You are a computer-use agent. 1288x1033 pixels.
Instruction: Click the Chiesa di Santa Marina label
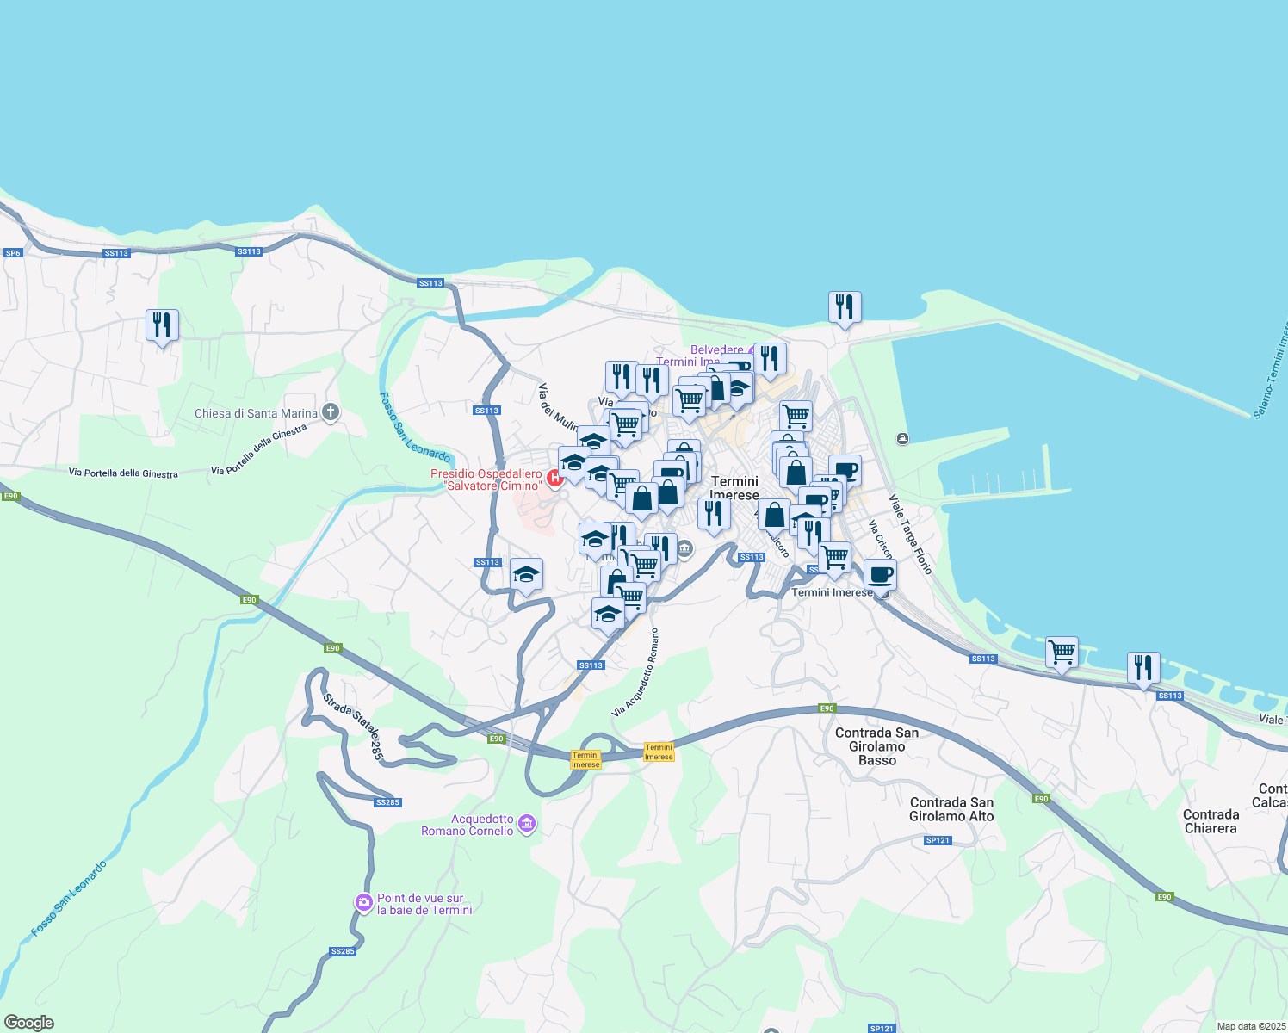tap(257, 413)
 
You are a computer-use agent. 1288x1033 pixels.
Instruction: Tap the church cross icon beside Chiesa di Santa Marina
tap(331, 412)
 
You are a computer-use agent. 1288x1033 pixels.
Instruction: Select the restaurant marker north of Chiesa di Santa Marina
tap(162, 326)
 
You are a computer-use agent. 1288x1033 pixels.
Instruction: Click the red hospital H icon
tap(555, 475)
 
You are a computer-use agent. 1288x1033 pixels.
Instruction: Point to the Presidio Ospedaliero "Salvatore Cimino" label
tap(486, 479)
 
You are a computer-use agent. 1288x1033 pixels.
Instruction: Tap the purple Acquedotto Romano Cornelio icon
tap(528, 825)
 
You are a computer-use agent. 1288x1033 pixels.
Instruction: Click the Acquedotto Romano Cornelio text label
tap(468, 825)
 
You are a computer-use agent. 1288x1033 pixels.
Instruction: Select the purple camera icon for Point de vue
tap(364, 903)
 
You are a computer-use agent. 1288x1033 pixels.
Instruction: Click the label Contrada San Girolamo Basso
tap(876, 746)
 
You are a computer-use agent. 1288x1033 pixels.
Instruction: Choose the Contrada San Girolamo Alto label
tap(951, 809)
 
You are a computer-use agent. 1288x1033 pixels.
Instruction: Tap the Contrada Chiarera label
tap(1211, 821)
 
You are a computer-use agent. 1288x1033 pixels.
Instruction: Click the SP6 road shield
tap(13, 253)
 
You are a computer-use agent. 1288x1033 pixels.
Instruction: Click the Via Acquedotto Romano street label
tap(635, 673)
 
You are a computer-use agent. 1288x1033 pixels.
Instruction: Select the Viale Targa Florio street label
tap(910, 535)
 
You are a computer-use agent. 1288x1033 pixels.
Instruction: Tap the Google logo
tap(29, 1023)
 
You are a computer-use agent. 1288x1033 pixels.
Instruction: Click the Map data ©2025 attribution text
tap(1251, 1026)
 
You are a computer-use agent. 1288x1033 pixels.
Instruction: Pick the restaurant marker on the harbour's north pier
tap(845, 308)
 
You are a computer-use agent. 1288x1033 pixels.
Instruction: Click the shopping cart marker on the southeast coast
tap(1062, 653)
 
